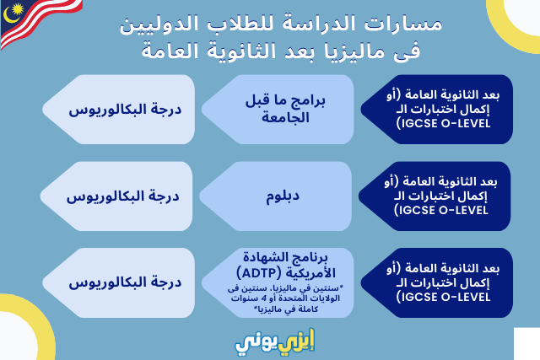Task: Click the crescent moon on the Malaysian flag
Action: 9,15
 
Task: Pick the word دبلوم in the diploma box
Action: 283,196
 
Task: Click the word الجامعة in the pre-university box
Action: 285,118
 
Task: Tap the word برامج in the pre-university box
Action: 309,101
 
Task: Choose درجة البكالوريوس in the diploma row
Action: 122,196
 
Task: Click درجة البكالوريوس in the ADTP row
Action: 125,283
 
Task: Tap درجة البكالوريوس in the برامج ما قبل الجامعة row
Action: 125,110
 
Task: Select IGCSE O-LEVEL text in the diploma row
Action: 440,210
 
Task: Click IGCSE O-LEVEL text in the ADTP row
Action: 443,297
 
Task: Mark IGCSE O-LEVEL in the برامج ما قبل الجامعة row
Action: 443,123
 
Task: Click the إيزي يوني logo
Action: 275,341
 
